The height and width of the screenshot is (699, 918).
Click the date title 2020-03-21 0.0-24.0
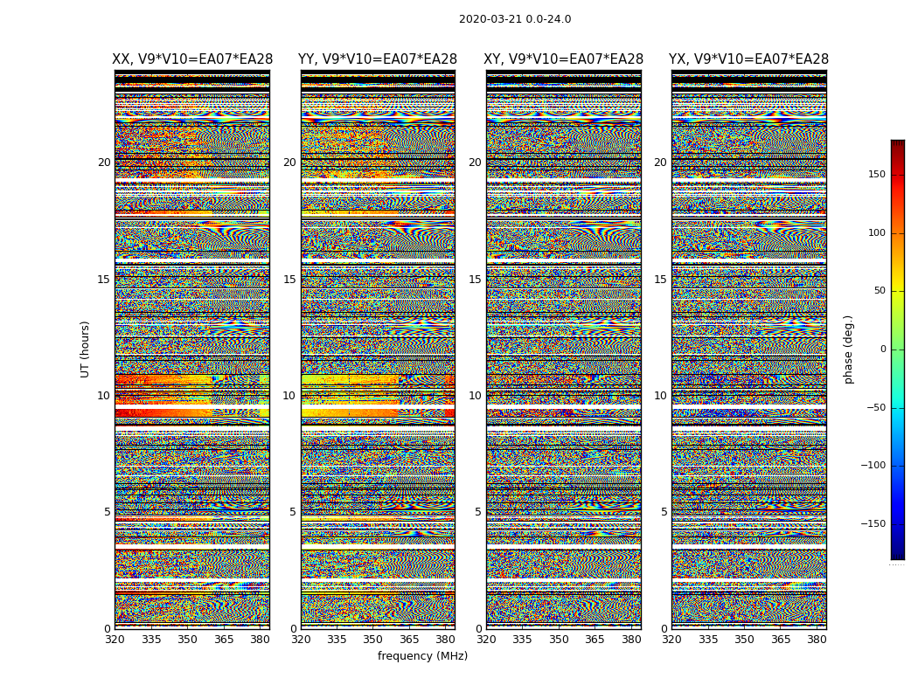click(x=515, y=19)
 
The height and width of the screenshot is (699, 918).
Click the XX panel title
click(x=192, y=59)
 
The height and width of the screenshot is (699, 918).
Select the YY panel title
click(x=378, y=59)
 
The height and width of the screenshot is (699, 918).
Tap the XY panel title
click(x=564, y=59)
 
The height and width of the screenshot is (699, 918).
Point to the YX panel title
click(x=748, y=59)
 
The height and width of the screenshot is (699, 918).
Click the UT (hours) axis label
click(x=86, y=349)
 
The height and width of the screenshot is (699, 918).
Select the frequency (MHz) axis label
click(x=422, y=656)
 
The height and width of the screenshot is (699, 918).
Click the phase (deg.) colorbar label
click(x=849, y=349)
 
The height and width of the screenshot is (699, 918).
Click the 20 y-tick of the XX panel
click(x=104, y=163)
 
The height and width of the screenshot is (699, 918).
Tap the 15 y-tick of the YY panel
click(x=289, y=280)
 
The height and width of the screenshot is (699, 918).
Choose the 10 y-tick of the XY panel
click(x=475, y=396)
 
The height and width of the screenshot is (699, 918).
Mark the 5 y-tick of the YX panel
click(x=664, y=512)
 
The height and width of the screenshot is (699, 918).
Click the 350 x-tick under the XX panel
click(x=187, y=640)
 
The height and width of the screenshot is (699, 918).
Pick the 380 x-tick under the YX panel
click(x=817, y=640)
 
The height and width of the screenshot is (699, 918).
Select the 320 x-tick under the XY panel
click(x=486, y=640)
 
